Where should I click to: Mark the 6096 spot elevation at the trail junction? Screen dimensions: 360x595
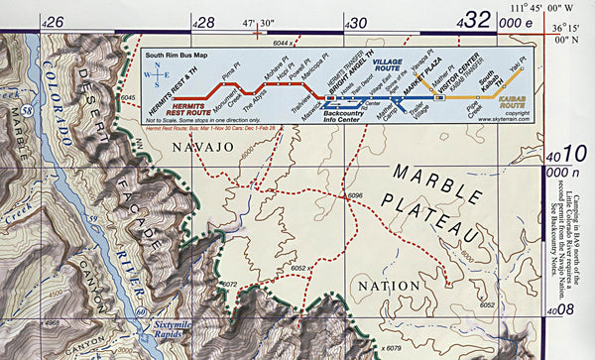pyautogui.click(x=358, y=195)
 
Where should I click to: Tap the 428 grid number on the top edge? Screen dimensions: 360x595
pyautogui.click(x=202, y=21)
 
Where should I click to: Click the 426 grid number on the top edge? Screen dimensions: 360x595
pyautogui.click(x=54, y=21)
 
